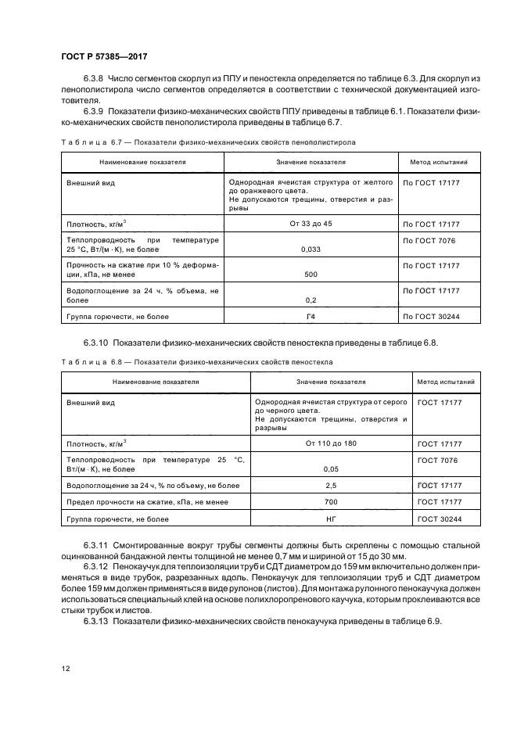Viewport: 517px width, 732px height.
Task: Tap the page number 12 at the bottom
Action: point(66,669)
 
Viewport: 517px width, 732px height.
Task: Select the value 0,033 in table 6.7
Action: point(311,249)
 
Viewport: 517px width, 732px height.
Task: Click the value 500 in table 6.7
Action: point(311,274)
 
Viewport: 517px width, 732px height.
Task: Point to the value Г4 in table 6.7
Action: point(311,317)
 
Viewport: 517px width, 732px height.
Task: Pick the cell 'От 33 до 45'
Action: point(311,224)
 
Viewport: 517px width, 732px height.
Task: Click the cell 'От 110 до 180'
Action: point(331,443)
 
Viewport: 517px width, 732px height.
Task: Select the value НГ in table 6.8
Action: point(331,518)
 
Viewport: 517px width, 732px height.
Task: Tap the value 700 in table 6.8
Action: point(331,502)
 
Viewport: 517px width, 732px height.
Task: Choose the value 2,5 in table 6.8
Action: point(331,486)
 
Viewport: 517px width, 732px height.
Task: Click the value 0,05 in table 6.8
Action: point(331,469)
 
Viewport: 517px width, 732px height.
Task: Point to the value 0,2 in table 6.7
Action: point(311,300)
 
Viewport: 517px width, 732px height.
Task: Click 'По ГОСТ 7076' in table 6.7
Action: point(429,240)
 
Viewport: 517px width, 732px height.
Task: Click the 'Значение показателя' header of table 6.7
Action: point(311,163)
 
